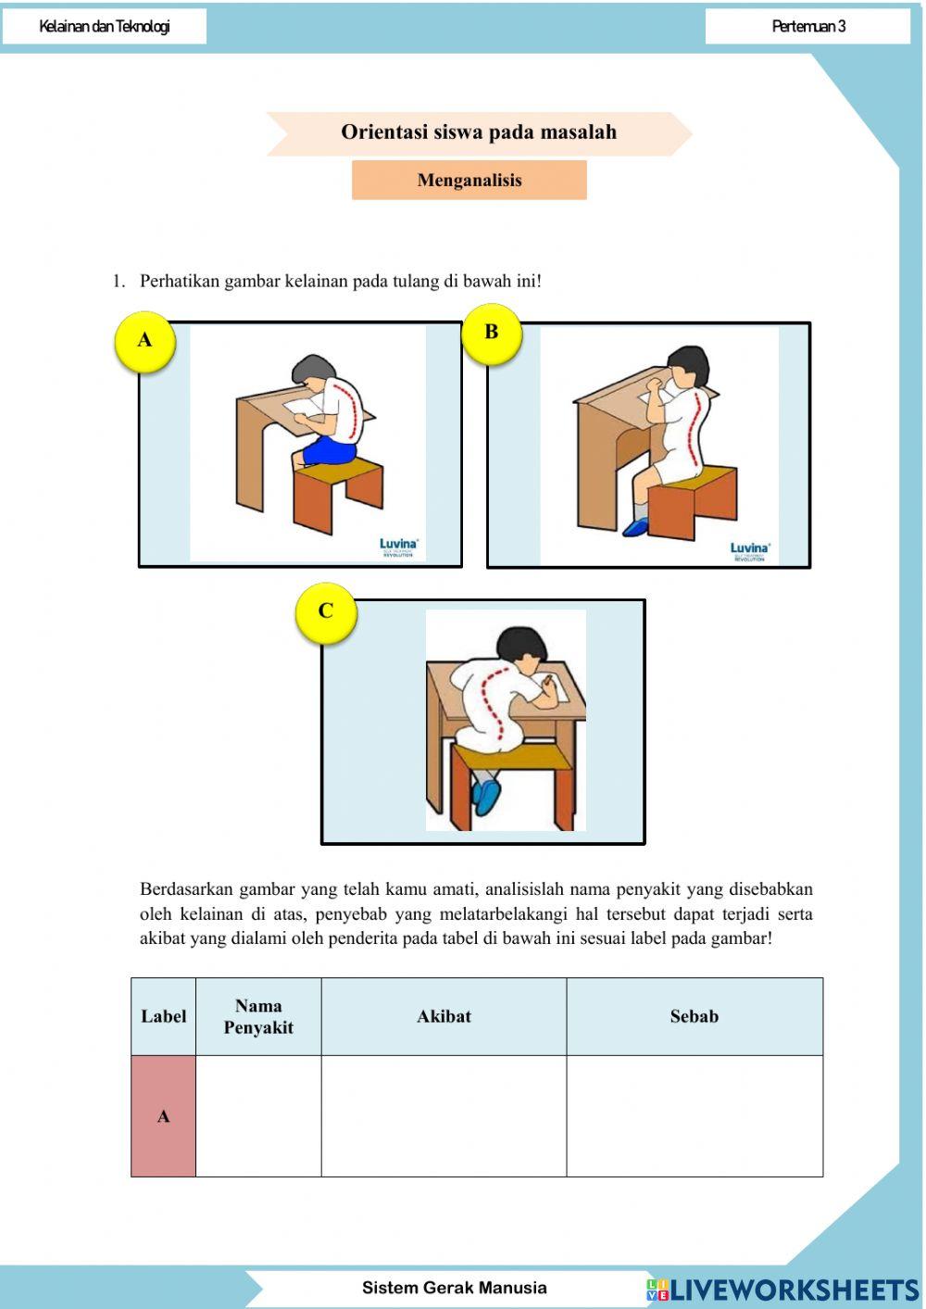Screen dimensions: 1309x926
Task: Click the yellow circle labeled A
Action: coord(144,341)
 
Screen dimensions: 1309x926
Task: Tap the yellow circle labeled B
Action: coord(492,333)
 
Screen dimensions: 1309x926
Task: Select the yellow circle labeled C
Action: coord(326,611)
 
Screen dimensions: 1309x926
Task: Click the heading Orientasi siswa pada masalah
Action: coord(479,132)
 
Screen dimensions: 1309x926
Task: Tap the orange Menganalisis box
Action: coord(469,181)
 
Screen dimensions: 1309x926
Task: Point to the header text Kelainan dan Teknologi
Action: coord(105,26)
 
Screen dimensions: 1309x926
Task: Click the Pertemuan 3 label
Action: coord(808,26)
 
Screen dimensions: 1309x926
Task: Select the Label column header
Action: coord(163,1016)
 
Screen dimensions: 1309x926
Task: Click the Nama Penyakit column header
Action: coord(258,1016)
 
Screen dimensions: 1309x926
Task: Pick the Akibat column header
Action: coord(444,1016)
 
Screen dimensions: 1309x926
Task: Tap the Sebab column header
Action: coord(694,1016)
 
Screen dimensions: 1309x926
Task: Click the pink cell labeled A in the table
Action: coord(163,1116)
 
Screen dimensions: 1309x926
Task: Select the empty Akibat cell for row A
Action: coord(444,1116)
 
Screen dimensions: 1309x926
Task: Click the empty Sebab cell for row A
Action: coord(694,1116)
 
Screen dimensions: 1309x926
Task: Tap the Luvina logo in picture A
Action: coord(399,547)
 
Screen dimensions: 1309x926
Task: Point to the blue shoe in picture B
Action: coord(637,527)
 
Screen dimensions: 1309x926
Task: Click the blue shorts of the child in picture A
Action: coord(328,451)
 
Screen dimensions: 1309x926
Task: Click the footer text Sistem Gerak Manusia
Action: coord(454,1288)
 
